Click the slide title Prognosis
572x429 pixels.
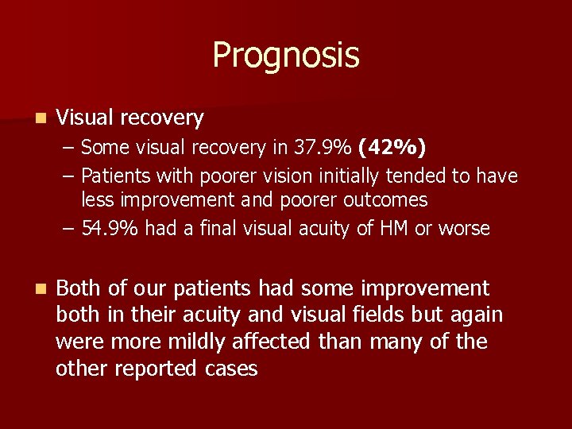coord(286,56)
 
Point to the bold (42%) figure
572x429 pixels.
coord(392,147)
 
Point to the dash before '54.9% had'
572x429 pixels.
coord(70,230)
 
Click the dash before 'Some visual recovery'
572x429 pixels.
coord(70,148)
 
